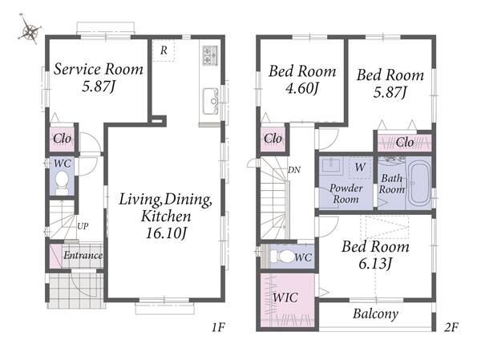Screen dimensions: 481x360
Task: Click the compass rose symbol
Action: pyautogui.click(x=29, y=30)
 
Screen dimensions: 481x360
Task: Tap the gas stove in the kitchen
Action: pyautogui.click(x=210, y=55)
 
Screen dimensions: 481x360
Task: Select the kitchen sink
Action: pyautogui.click(x=210, y=101)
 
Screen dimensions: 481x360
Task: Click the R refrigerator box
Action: pyautogui.click(x=164, y=51)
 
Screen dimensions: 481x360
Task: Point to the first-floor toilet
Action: pyautogui.click(x=63, y=182)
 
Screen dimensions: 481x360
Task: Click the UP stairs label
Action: pyautogui.click(x=83, y=226)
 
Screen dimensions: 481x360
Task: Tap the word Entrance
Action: pyautogui.click(x=83, y=255)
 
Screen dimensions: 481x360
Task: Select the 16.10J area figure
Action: pyautogui.click(x=166, y=233)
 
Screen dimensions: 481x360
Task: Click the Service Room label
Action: pyautogui.click(x=99, y=69)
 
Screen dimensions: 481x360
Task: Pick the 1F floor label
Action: pyautogui.click(x=218, y=328)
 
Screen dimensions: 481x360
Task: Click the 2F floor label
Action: pyautogui.click(x=451, y=328)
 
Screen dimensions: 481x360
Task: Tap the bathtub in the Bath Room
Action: pyautogui.click(x=418, y=184)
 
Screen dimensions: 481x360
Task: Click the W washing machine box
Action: pyautogui.click(x=360, y=168)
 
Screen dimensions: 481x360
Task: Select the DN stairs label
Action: pyautogui.click(x=294, y=170)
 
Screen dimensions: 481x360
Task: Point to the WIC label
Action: pyautogui.click(x=285, y=297)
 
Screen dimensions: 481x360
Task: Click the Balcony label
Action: pyautogui.click(x=375, y=313)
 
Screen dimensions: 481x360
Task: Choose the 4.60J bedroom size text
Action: pyautogui.click(x=302, y=89)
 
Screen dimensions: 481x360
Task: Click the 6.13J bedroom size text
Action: pyautogui.click(x=375, y=263)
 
